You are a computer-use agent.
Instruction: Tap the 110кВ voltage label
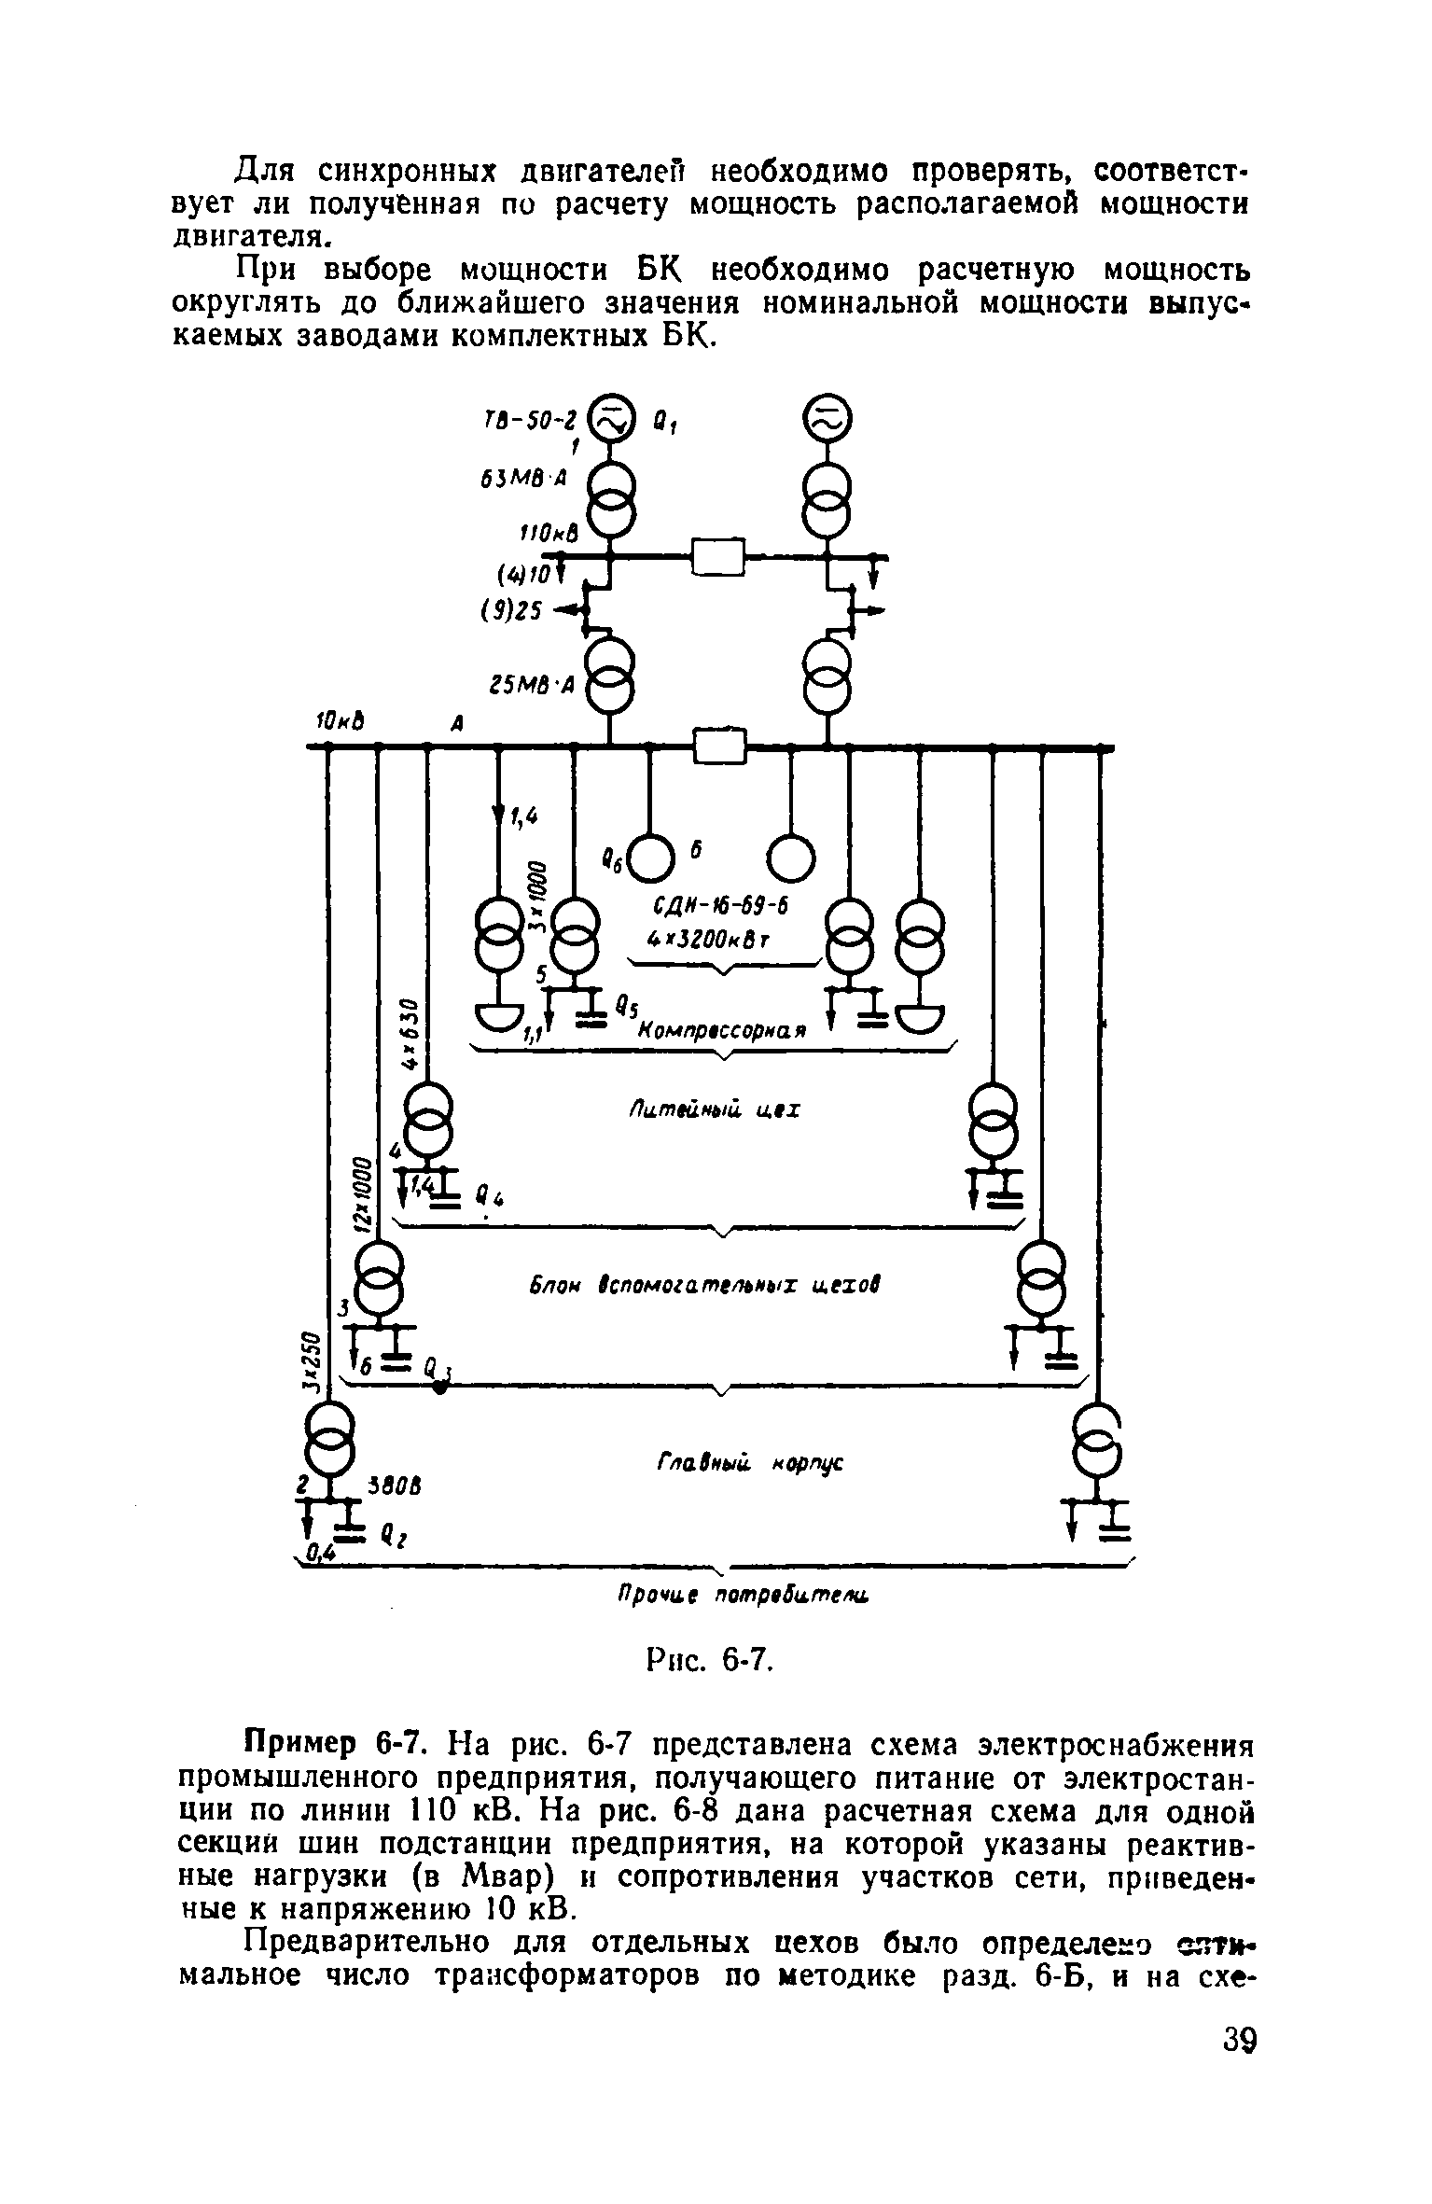(549, 534)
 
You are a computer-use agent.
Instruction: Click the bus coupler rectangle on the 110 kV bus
(717, 558)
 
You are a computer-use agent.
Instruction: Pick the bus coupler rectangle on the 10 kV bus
(721, 746)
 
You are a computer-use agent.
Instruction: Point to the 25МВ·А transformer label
(532, 686)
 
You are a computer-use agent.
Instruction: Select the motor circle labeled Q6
(650, 856)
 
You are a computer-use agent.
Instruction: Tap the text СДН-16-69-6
(722, 907)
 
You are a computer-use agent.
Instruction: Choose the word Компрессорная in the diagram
(720, 1029)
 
